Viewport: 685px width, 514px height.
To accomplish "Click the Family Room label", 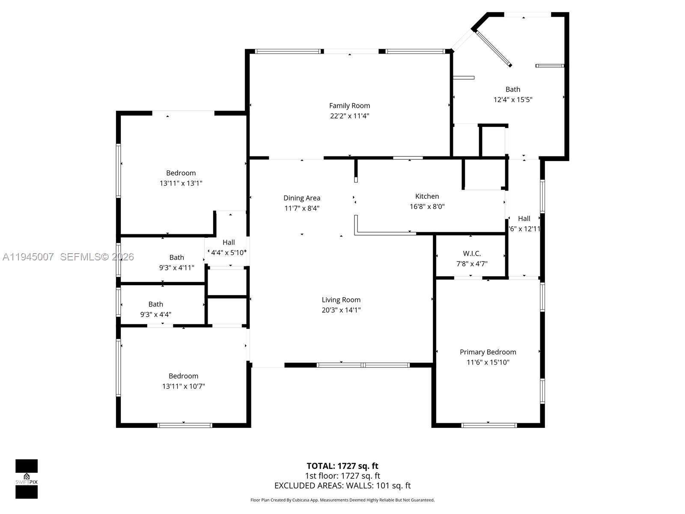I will click(349, 105).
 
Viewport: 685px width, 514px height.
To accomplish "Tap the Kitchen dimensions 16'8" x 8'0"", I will click(427, 206).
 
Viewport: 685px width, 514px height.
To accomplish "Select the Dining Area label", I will click(301, 198).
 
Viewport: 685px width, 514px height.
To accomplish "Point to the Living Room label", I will click(341, 300).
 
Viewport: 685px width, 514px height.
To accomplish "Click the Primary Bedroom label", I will click(488, 352).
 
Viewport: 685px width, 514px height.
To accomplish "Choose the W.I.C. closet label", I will click(472, 254).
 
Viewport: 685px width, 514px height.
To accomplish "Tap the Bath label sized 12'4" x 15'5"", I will click(512, 90).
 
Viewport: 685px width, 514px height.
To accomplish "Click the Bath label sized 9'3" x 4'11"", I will click(176, 257).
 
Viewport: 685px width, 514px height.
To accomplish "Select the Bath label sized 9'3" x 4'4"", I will click(155, 304).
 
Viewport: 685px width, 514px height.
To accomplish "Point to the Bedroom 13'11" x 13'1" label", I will click(181, 173).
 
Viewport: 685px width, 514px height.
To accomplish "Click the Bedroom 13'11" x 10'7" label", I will click(183, 376).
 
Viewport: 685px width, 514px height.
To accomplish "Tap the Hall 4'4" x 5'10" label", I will click(228, 242).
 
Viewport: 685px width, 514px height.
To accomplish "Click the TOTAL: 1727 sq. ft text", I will click(342, 466).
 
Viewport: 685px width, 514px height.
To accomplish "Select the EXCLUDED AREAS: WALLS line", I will click(342, 486).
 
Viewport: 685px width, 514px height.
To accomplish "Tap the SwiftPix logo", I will click(27, 479).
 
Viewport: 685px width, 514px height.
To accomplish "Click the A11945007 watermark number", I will click(28, 257).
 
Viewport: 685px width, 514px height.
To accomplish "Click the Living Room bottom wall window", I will click(363, 365).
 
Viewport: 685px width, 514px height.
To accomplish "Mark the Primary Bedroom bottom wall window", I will click(489, 425).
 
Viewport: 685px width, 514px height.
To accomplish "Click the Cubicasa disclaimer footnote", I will click(342, 500).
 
